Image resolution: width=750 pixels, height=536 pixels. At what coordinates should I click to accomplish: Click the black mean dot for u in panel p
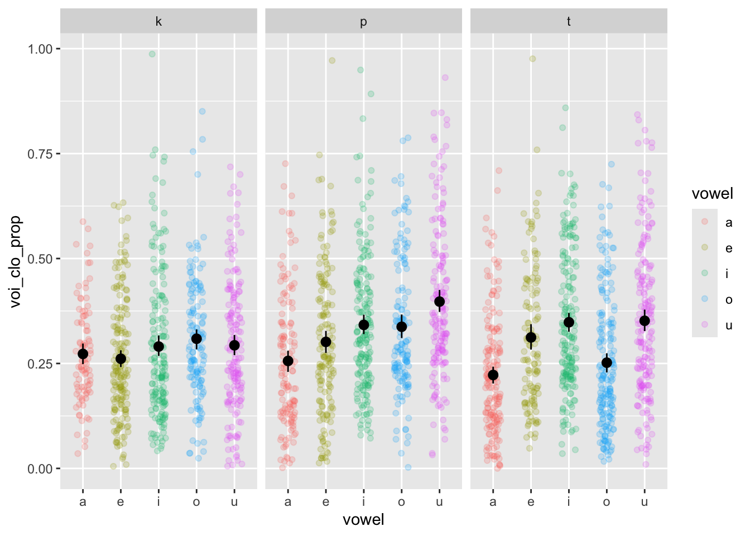coord(439,301)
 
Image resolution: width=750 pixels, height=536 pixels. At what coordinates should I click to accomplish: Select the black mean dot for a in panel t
coord(493,375)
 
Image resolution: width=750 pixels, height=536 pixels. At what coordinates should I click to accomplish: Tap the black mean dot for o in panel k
coord(196,339)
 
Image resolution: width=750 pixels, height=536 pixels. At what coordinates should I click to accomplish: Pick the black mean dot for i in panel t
coord(569,322)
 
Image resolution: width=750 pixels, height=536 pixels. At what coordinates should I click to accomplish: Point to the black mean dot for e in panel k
coord(121,358)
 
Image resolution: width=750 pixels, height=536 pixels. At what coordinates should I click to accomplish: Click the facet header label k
coord(158,22)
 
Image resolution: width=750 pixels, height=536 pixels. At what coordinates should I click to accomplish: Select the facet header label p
coord(363,22)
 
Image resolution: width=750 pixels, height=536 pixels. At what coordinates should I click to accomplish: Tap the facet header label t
coord(569,22)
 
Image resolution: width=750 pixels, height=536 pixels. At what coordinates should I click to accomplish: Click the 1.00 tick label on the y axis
coord(40,49)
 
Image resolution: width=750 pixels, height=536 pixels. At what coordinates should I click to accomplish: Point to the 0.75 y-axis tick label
coord(40,154)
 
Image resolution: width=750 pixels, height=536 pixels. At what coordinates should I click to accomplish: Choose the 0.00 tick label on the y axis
coord(40,469)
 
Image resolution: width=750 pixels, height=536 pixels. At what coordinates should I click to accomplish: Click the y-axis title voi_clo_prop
coord(16,261)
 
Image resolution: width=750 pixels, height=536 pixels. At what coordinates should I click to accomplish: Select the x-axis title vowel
coord(363,520)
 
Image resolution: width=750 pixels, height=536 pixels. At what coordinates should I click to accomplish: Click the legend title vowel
coord(712,194)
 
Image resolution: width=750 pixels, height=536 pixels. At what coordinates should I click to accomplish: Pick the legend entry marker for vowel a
coord(705,222)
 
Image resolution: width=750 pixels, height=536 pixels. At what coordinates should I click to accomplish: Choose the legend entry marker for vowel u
coord(705,324)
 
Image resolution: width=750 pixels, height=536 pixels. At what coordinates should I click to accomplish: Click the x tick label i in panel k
coord(158,502)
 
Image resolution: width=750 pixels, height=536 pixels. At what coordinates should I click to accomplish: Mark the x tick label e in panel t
coord(531,502)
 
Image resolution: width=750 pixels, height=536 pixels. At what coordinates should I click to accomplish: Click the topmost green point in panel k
coord(152,54)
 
